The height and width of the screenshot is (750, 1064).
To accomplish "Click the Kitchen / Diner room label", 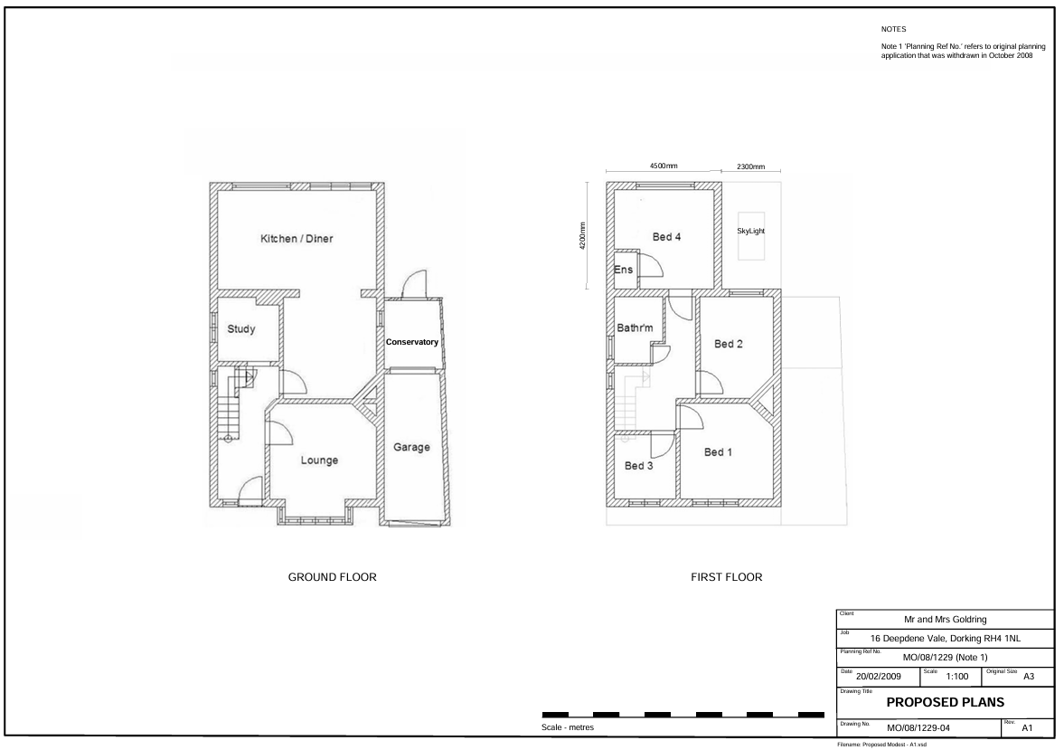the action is pos(297,239).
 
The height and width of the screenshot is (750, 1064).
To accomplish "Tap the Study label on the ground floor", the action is pos(240,328).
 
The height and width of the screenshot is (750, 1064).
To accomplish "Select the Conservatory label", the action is pos(412,342).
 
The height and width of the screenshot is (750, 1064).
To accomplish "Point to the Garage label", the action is pos(411,447).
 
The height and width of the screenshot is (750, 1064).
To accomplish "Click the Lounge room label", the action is pos(319,460).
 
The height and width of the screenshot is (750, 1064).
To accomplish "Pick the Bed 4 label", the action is pos(666,237).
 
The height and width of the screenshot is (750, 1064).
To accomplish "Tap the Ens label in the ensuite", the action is pos(623,270).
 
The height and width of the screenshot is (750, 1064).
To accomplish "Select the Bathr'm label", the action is pos(635,328).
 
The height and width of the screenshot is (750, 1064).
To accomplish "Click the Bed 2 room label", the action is pos(728,344).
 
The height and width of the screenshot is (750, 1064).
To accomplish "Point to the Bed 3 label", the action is pos(638,465).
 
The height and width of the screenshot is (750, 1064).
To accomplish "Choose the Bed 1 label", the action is pos(718,451).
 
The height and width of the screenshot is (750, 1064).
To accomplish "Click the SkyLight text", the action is pos(750,231).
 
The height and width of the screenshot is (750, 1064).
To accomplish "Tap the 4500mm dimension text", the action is pos(664,166).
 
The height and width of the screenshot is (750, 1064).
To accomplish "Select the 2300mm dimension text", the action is pos(750,166).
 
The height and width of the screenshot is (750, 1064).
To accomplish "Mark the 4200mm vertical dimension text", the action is pos(582,236).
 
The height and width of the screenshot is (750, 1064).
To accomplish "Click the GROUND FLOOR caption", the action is pos(332,577).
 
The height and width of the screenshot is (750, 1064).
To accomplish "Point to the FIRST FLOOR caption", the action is pos(726,577).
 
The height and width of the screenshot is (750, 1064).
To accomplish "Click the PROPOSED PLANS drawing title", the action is pos(946,702).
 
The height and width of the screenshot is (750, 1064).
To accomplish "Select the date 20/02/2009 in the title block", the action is pos(878,676).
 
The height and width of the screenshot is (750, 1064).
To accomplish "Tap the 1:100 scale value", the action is pos(956,676).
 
